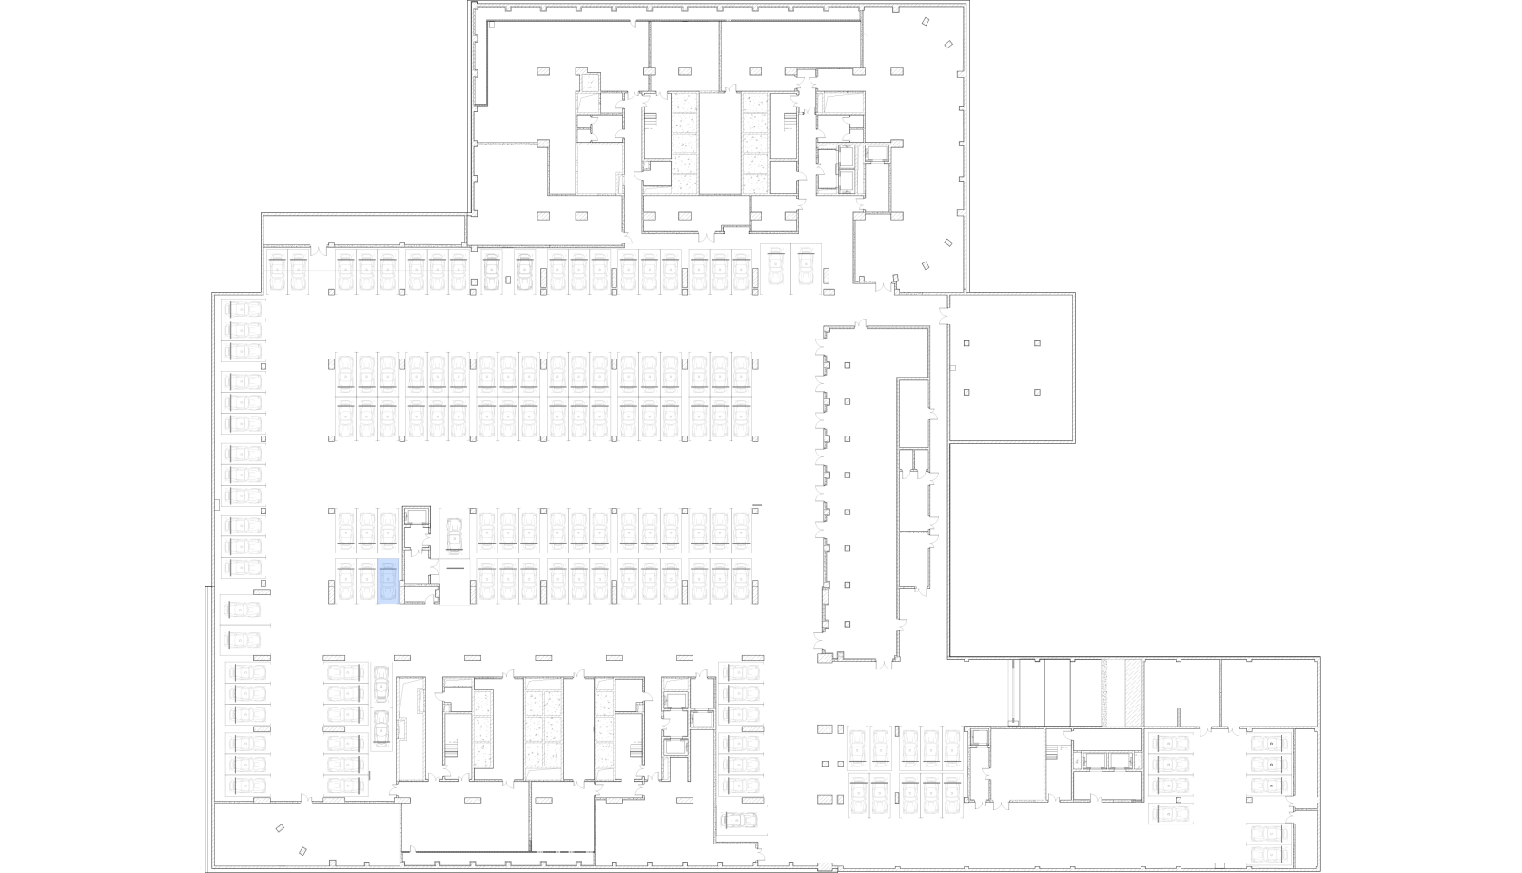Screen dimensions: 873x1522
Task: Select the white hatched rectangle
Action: pyautogui.click(x=1133, y=692)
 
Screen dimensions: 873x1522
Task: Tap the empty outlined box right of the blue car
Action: pyautogui.click(x=455, y=582)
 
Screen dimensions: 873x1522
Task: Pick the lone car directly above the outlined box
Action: pyautogui.click(x=455, y=536)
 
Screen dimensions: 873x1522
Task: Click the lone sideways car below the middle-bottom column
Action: pyautogui.click(x=739, y=820)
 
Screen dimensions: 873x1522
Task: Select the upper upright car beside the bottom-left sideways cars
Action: pyautogui.click(x=381, y=683)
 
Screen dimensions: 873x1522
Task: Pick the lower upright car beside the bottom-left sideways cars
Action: pyautogui.click(x=381, y=727)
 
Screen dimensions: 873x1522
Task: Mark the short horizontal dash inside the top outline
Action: pyautogui.click(x=709, y=92)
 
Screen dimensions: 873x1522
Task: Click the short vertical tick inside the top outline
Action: pyautogui.click(x=576, y=101)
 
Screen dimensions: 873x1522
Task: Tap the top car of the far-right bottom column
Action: pyautogui.click(x=1269, y=743)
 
